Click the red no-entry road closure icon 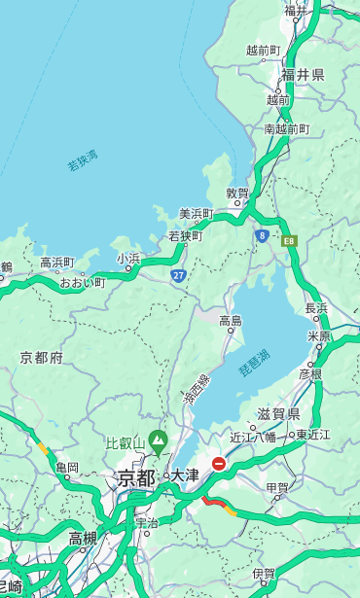tap(220, 464)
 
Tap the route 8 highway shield tap(262, 235)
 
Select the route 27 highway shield tap(179, 275)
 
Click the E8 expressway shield tap(289, 240)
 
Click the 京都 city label tap(136, 477)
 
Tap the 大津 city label tap(185, 476)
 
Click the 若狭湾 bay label tap(83, 160)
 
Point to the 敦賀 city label tap(238, 193)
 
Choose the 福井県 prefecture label tap(303, 74)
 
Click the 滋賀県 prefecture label tap(278, 414)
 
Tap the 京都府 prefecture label tap(42, 358)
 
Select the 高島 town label tap(231, 320)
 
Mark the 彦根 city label tap(310, 373)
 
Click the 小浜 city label tap(129, 258)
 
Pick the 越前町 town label tap(264, 50)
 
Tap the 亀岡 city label tap(67, 468)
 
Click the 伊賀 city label tap(263, 574)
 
